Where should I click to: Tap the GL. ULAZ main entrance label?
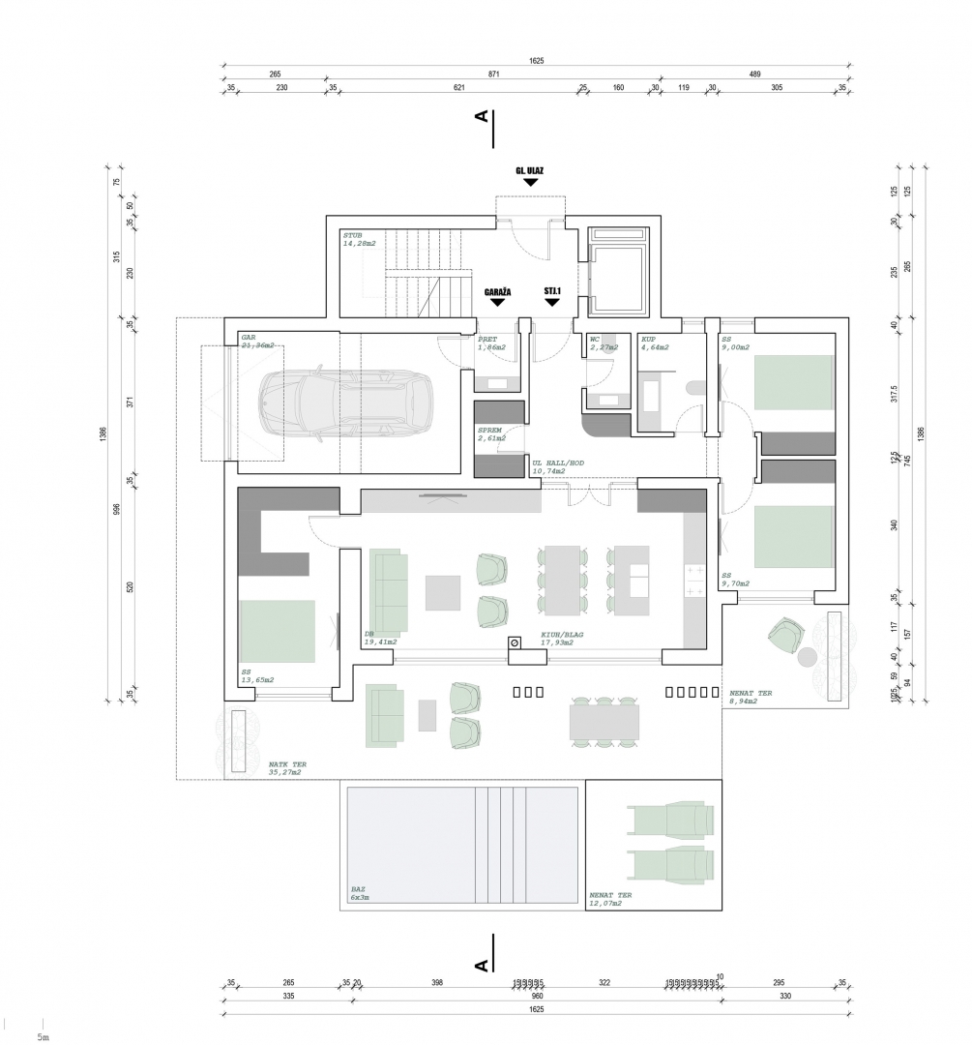529,171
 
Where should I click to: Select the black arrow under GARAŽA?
497,302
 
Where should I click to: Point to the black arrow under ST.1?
552,302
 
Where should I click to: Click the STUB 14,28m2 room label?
359,240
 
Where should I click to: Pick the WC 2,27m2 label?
602,343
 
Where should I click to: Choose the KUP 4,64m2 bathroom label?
655,343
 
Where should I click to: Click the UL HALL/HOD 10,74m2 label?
558,466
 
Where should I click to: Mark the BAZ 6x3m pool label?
360,894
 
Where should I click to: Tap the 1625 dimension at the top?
537,61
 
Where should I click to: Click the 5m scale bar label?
43,1036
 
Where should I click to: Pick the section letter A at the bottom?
481,966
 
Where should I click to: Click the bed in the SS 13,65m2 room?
279,631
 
